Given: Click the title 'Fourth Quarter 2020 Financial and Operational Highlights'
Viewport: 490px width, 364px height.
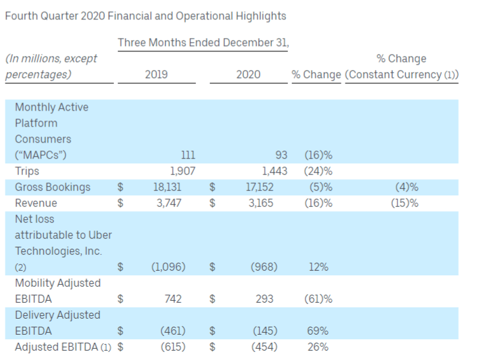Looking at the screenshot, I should [x=145, y=15].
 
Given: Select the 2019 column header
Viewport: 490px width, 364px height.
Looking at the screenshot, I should [x=156, y=75].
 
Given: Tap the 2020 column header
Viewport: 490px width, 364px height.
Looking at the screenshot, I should [x=248, y=75].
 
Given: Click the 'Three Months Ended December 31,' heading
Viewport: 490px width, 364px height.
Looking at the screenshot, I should [x=203, y=43].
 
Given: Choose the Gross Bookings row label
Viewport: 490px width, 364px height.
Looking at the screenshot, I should [x=52, y=187].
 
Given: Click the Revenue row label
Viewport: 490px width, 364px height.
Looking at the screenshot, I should [x=36, y=203].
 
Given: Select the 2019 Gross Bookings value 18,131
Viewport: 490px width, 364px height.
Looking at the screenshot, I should [x=169, y=187].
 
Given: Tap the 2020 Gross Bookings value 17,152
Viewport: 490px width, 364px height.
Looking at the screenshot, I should [x=259, y=187].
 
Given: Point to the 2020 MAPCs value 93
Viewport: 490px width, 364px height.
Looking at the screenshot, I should [x=279, y=155].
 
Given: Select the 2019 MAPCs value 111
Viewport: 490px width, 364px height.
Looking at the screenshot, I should [x=187, y=155].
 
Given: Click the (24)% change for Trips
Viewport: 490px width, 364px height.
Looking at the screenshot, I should [x=318, y=171].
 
